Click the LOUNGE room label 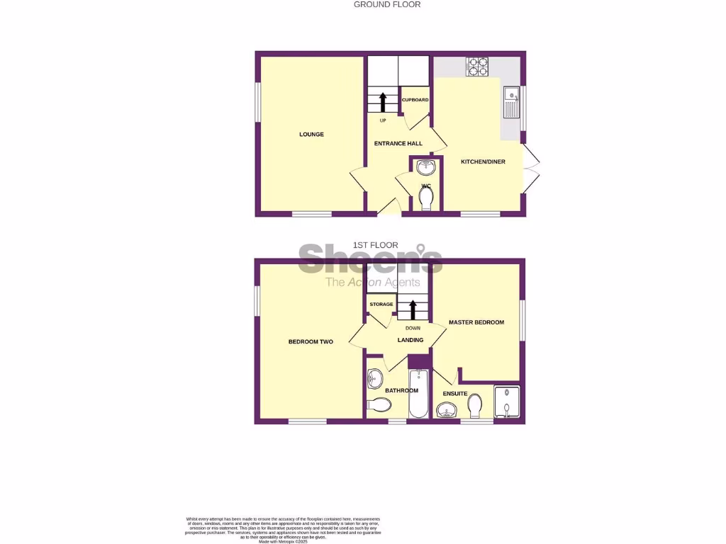[x=311, y=134]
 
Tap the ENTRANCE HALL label [x=398, y=143]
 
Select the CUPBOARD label [x=415, y=100]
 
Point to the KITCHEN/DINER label [x=483, y=161]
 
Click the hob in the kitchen [x=477, y=67]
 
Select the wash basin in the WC [x=426, y=168]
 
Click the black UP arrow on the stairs [x=383, y=102]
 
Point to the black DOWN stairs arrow [x=413, y=309]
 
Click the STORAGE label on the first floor [x=381, y=304]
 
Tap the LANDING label [x=411, y=340]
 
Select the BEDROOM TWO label [x=311, y=341]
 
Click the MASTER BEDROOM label [x=476, y=322]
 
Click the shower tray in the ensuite [x=506, y=403]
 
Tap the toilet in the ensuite [x=475, y=404]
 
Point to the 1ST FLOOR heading [x=375, y=245]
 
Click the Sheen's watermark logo [x=371, y=261]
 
